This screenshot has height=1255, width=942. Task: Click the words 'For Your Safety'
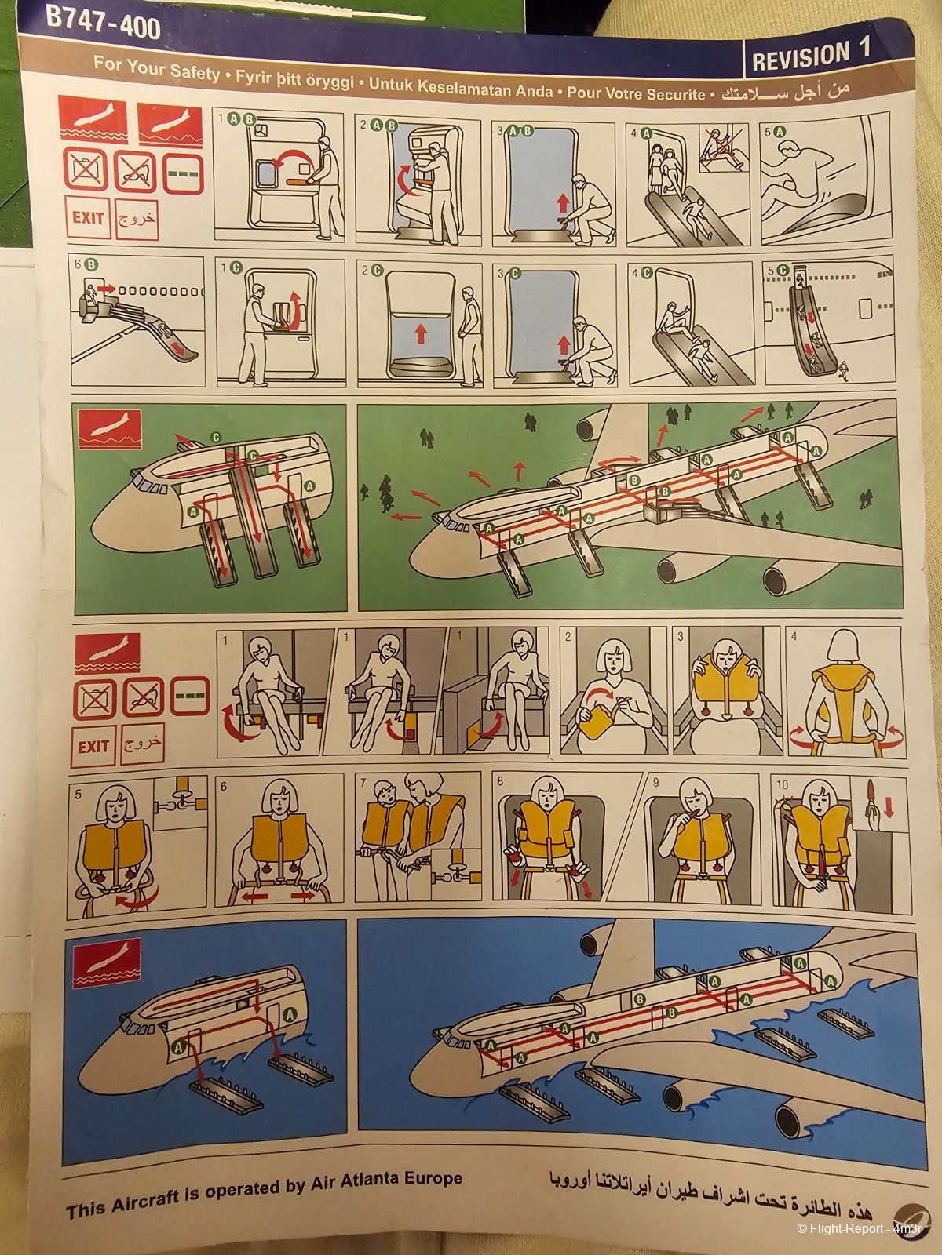tap(157, 68)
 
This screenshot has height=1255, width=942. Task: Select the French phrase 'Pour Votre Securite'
tap(636, 92)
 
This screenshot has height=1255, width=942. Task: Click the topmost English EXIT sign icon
tap(87, 217)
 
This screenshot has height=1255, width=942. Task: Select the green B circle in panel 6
tap(92, 264)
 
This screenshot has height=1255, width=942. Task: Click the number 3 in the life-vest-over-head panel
tap(680, 636)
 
